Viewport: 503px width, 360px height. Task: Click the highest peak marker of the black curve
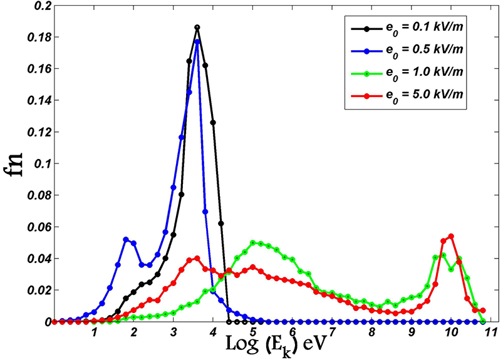(197, 28)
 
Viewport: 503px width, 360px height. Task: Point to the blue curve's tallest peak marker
(197, 42)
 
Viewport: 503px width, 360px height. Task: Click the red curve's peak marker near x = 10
(451, 236)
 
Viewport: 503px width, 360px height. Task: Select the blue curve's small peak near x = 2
(126, 239)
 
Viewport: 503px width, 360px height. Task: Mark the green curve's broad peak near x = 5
(253, 242)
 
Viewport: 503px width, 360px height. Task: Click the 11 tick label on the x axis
(490, 332)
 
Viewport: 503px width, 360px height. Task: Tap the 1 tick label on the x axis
(94, 332)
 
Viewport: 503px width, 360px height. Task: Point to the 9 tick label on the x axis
(412, 332)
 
